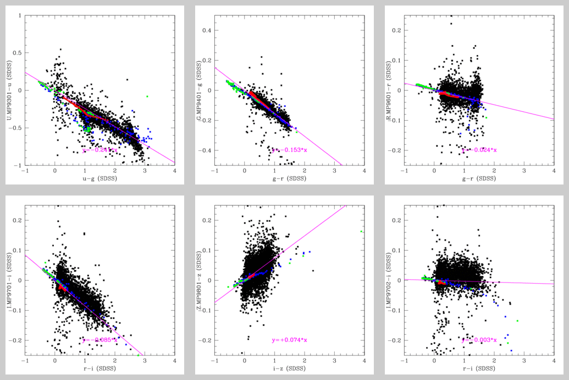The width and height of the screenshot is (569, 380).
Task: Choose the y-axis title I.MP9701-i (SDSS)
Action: point(10,281)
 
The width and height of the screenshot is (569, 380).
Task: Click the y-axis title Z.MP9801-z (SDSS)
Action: point(200,281)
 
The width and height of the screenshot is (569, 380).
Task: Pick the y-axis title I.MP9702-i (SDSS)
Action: point(390,281)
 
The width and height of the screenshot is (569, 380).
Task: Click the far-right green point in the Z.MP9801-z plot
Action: point(361,231)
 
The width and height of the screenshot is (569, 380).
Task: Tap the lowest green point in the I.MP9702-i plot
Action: point(508,343)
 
